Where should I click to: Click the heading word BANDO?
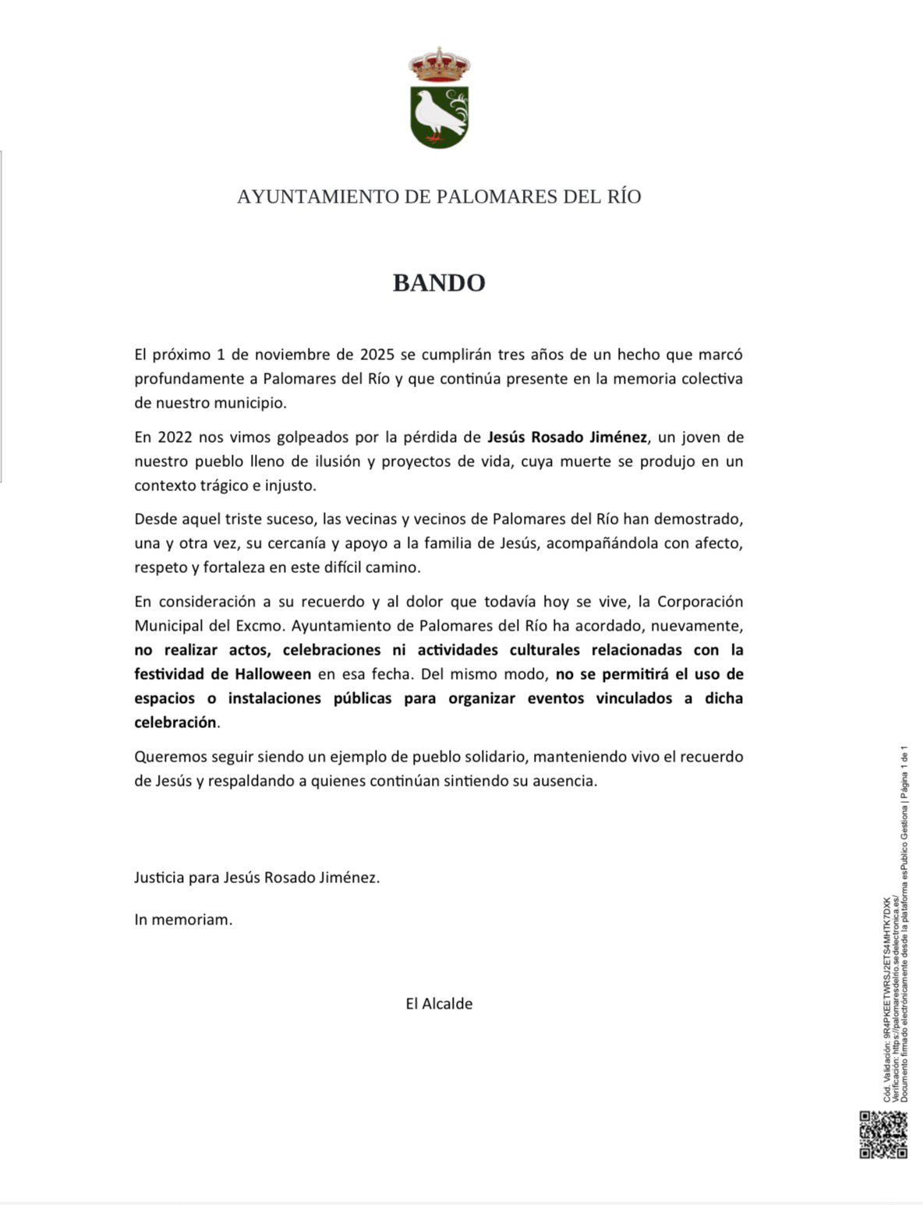[439, 282]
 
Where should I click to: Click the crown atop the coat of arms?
[440, 65]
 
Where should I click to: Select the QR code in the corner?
[883, 1135]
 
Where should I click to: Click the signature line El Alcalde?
[439, 1004]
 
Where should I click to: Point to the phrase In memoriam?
[183, 920]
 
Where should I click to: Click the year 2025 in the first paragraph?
[377, 355]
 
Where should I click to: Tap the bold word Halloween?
[274, 674]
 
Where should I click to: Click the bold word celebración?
[175, 723]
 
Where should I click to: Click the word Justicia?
[159, 878]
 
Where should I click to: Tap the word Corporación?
[700, 602]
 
